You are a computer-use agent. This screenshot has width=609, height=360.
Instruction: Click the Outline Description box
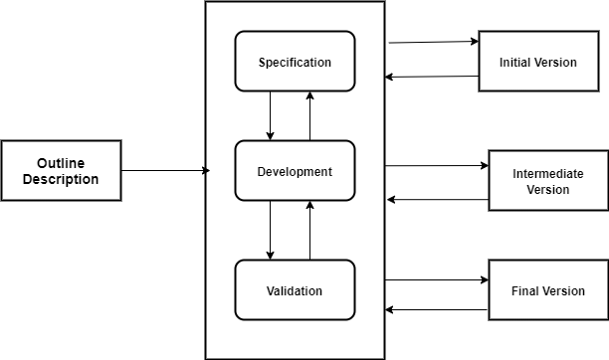pos(61,171)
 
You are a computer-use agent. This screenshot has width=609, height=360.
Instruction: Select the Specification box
pos(295,63)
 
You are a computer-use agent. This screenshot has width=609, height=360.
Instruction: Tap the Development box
pos(295,171)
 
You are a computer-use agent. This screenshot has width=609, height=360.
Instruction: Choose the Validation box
pos(295,290)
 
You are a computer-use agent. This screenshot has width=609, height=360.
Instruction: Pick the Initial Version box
pos(537,62)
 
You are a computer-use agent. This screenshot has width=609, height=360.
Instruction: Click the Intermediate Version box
pos(547,181)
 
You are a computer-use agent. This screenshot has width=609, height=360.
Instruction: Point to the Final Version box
pos(547,290)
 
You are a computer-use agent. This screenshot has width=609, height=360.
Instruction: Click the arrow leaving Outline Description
pos(164,171)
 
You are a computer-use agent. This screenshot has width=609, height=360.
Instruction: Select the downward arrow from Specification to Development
pos(271,115)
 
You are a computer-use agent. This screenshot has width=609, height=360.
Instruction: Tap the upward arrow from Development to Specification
pos(309,115)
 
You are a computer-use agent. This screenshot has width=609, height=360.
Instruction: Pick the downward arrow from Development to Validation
pos(271,230)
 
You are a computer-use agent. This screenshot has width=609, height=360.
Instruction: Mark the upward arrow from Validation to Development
pos(309,230)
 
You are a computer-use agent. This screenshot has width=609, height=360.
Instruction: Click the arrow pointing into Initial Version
pos(433,42)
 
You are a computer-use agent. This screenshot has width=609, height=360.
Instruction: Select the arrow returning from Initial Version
pos(433,77)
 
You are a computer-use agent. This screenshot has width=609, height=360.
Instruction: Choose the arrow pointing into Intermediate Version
pos(436,165)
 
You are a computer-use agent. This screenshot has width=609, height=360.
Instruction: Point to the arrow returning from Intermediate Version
pos(438,200)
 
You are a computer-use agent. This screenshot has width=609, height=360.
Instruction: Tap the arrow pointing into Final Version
pos(436,280)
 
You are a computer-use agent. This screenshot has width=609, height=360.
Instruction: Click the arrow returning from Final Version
pos(436,310)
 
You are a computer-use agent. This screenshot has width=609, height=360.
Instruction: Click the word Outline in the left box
pos(61,163)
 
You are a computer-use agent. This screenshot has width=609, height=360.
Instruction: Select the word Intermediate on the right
pos(547,174)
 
